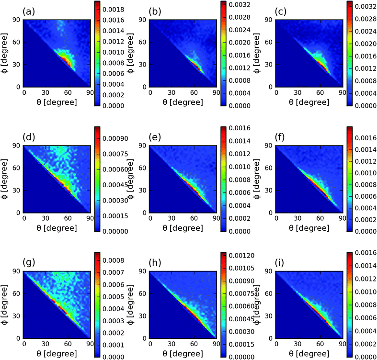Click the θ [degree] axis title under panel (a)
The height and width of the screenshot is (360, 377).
click(47, 101)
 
